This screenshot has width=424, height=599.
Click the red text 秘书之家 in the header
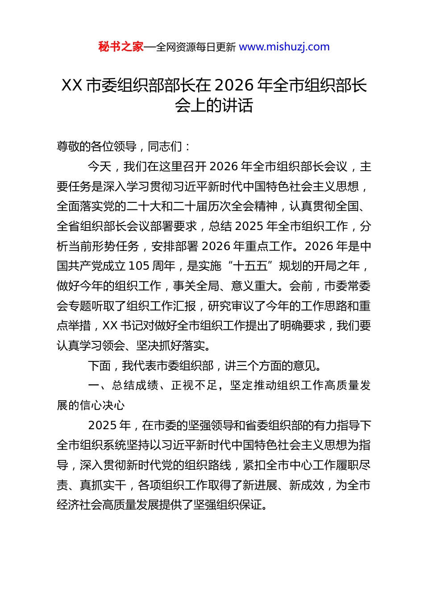(x=121, y=47)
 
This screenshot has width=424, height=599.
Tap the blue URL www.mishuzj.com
(x=284, y=47)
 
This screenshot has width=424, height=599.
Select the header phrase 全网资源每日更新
(x=196, y=47)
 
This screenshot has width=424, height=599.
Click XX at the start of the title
(x=71, y=85)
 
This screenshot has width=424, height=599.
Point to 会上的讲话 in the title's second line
(x=214, y=106)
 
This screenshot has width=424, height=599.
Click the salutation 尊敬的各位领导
(x=96, y=146)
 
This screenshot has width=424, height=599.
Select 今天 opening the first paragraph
(x=100, y=166)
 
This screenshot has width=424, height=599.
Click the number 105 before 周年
(x=138, y=266)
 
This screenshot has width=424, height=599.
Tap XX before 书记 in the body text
(x=110, y=326)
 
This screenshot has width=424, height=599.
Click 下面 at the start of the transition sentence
(x=100, y=366)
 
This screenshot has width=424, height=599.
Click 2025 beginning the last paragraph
(x=103, y=425)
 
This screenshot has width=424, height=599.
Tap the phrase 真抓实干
(x=103, y=485)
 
